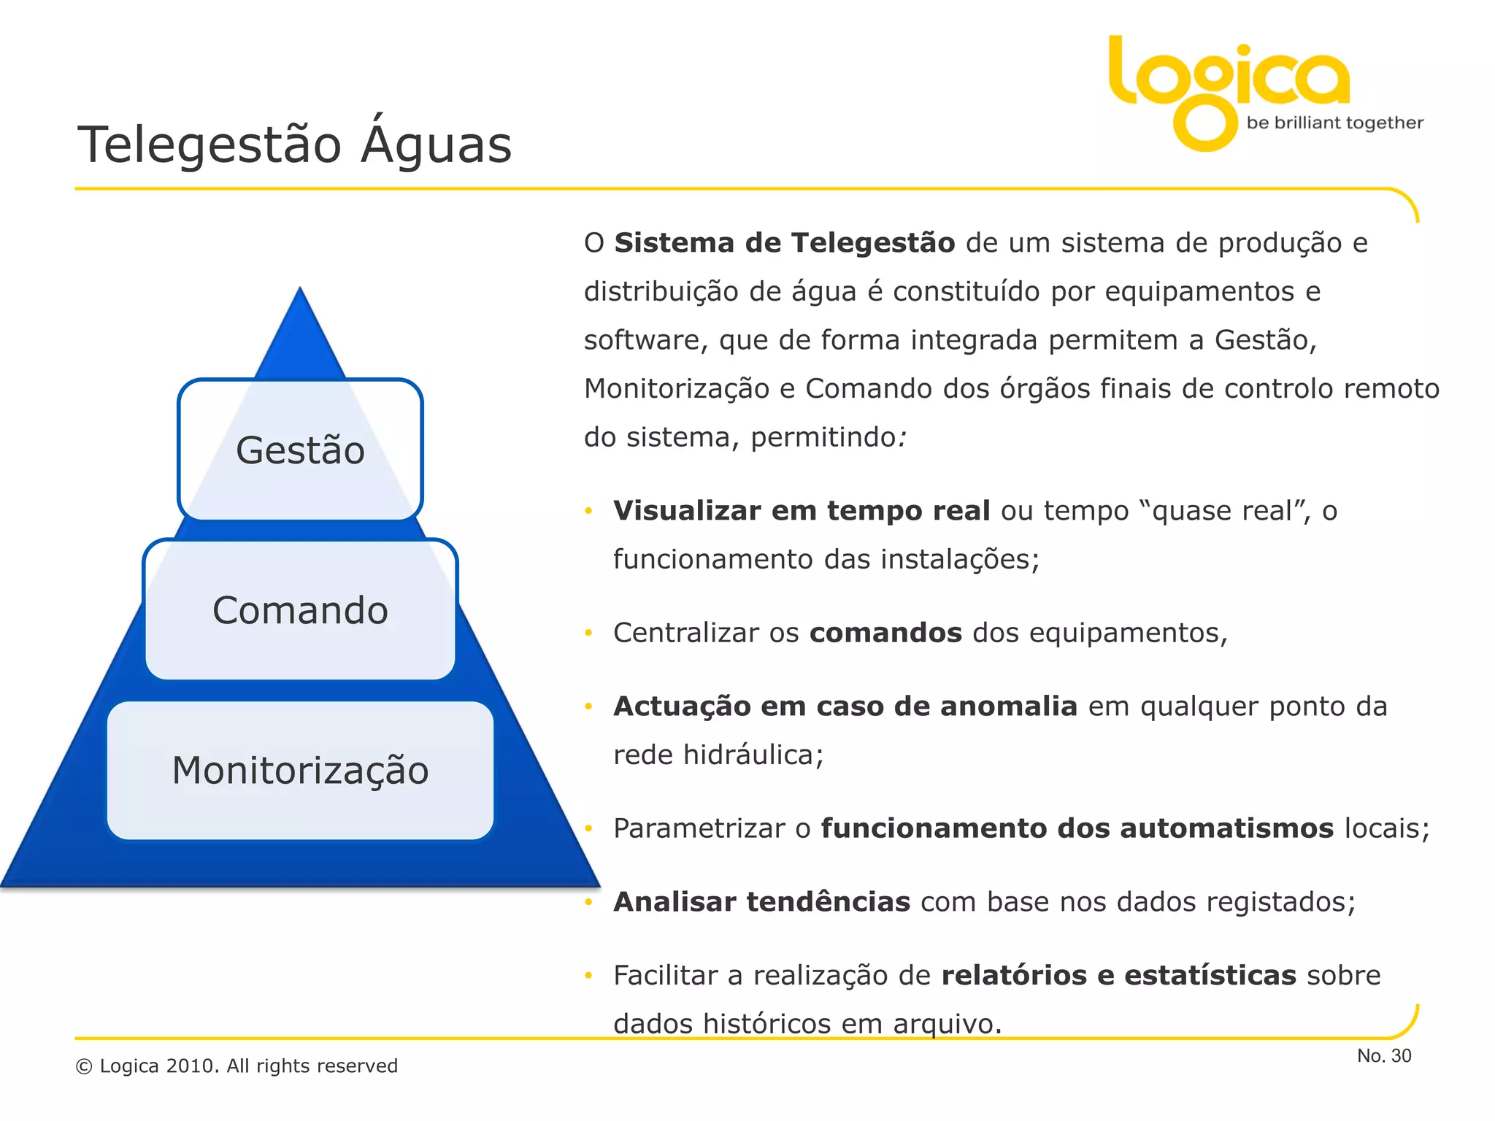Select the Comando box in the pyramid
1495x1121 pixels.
300,610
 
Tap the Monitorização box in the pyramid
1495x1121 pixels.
300,771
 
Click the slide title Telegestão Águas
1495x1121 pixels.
294,145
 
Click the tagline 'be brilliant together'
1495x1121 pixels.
1334,123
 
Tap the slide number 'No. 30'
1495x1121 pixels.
1384,1055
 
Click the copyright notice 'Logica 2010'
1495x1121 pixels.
237,1066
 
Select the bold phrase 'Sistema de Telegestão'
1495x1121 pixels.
784,243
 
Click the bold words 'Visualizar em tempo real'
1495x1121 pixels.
801,511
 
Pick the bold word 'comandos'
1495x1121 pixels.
885,633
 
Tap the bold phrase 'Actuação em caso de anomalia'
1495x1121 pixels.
845,706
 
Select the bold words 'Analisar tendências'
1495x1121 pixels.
761,902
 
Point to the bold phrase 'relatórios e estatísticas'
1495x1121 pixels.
1118,976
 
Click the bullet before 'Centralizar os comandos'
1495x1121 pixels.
588,633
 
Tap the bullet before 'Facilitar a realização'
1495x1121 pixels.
588,976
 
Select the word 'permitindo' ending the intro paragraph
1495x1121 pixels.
823,438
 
